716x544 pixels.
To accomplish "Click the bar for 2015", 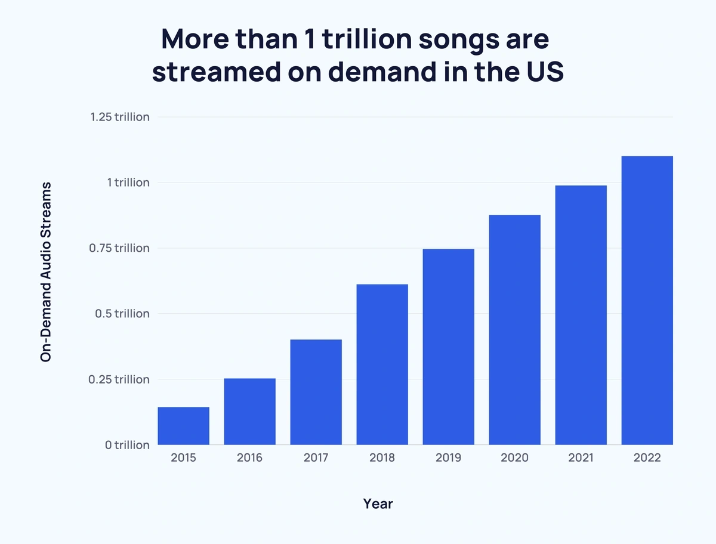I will pyautogui.click(x=183, y=426).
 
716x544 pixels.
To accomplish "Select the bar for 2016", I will pyautogui.click(x=249, y=412).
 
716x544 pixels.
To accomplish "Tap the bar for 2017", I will pyautogui.click(x=316, y=392).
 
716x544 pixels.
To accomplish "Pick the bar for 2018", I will pyautogui.click(x=382, y=364).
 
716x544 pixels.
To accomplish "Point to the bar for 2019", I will pyautogui.click(x=448, y=347).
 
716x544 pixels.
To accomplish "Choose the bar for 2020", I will pyautogui.click(x=514, y=330).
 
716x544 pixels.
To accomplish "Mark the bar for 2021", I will pyautogui.click(x=581, y=315).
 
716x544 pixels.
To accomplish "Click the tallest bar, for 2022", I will pyautogui.click(x=647, y=301).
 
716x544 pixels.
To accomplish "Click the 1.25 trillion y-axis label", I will pyautogui.click(x=120, y=117).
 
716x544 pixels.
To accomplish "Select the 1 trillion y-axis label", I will pyautogui.click(x=128, y=183).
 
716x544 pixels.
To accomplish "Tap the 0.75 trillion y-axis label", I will pyautogui.click(x=120, y=248).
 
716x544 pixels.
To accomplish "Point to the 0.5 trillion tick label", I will pyautogui.click(x=122, y=314).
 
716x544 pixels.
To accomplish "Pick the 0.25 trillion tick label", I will pyautogui.click(x=120, y=379).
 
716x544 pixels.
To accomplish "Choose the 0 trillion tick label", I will pyautogui.click(x=127, y=445).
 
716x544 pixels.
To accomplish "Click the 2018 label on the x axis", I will pyautogui.click(x=382, y=459).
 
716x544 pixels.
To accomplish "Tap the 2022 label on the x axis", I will pyautogui.click(x=647, y=459).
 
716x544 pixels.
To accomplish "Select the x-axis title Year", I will pyautogui.click(x=378, y=504).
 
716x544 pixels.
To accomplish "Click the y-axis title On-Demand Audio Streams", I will pyautogui.click(x=46, y=272).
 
